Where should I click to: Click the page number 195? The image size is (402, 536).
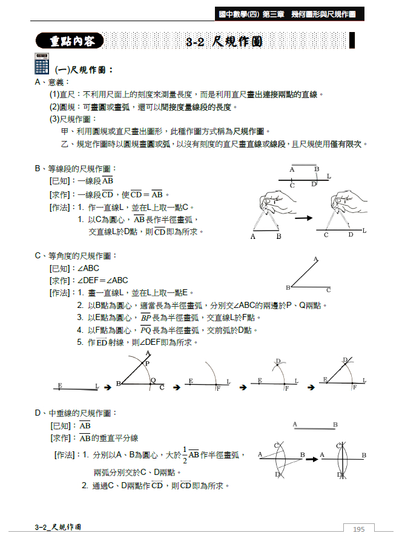tap(358, 529)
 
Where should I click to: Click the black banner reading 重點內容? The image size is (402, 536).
tap(69, 41)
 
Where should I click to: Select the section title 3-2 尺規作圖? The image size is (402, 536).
tap(225, 42)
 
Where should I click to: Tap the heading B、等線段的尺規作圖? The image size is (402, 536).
tap(76, 168)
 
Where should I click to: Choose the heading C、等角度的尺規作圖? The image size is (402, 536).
tap(76, 256)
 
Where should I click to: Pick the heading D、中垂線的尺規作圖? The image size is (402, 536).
tap(76, 413)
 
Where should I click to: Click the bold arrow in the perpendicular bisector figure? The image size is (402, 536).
tap(312, 459)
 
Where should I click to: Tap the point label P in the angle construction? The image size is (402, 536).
tap(147, 364)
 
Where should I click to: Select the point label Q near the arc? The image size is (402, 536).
tap(153, 381)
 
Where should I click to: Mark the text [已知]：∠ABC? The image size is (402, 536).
tap(74, 268)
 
